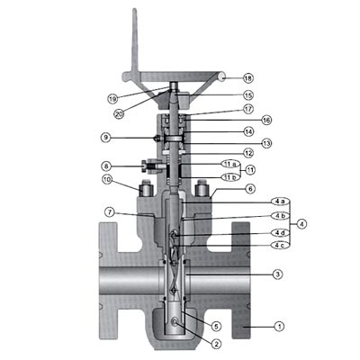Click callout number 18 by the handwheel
tap(248, 78)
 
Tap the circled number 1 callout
tap(279, 326)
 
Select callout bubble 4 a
tap(280, 202)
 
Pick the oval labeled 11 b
tap(230, 177)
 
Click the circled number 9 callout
tap(106, 138)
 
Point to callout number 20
tap(119, 113)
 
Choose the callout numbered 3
tap(278, 274)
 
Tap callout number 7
tap(110, 212)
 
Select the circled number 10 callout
tap(107, 180)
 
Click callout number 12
tap(248, 153)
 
